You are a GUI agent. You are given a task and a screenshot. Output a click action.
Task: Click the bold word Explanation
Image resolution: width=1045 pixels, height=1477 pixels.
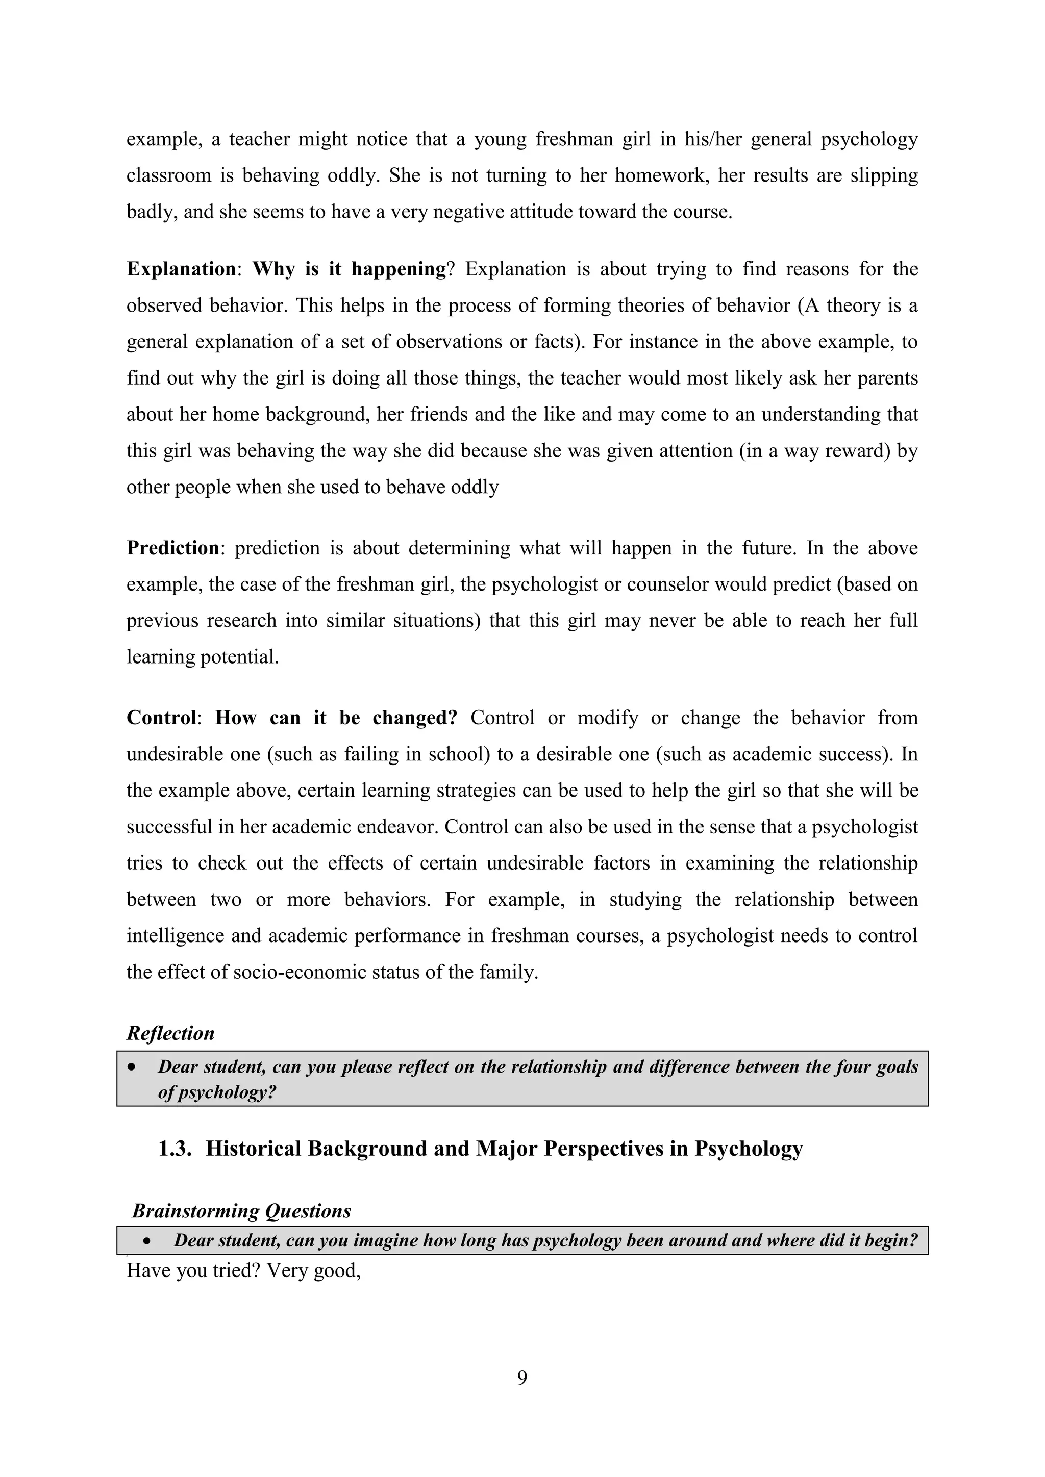click(181, 269)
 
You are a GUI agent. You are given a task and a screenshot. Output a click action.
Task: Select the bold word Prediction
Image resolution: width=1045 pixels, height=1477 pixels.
click(173, 548)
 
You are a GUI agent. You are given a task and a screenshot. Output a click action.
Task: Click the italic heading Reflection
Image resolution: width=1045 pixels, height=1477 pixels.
click(170, 1034)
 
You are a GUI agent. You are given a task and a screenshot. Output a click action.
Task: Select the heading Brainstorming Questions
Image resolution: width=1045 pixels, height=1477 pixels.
click(241, 1211)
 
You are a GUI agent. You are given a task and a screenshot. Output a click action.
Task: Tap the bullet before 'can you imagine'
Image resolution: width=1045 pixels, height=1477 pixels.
click(147, 1241)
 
